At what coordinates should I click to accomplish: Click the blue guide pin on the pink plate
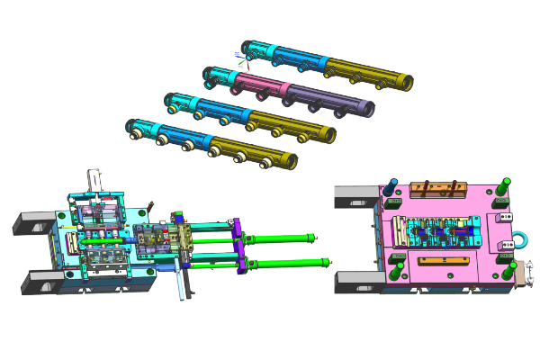click(392, 187)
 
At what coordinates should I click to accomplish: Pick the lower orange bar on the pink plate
click(441, 261)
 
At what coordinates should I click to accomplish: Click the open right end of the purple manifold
click(367, 107)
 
